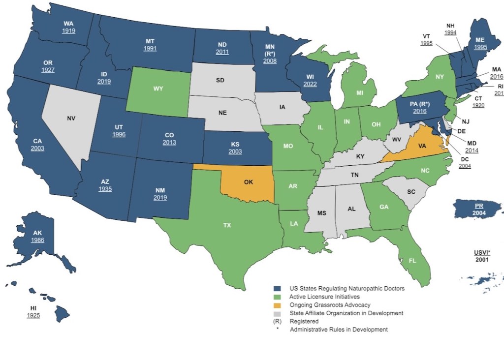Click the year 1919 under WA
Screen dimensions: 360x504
tap(68, 31)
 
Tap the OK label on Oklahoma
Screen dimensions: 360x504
tap(249, 181)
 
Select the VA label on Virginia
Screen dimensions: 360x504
tap(422, 146)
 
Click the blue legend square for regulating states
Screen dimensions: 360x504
tap(278, 289)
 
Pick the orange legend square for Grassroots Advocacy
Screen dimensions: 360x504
tap(278, 305)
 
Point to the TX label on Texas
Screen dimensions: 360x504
tap(227, 225)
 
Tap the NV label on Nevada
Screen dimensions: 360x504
tap(71, 118)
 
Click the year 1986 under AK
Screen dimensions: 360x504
tap(37, 240)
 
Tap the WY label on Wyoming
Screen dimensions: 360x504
tap(158, 89)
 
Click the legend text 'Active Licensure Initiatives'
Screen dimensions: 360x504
tap(325, 297)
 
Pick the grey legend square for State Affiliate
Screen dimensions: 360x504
tap(278, 313)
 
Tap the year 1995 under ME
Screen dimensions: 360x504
tap(480, 47)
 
